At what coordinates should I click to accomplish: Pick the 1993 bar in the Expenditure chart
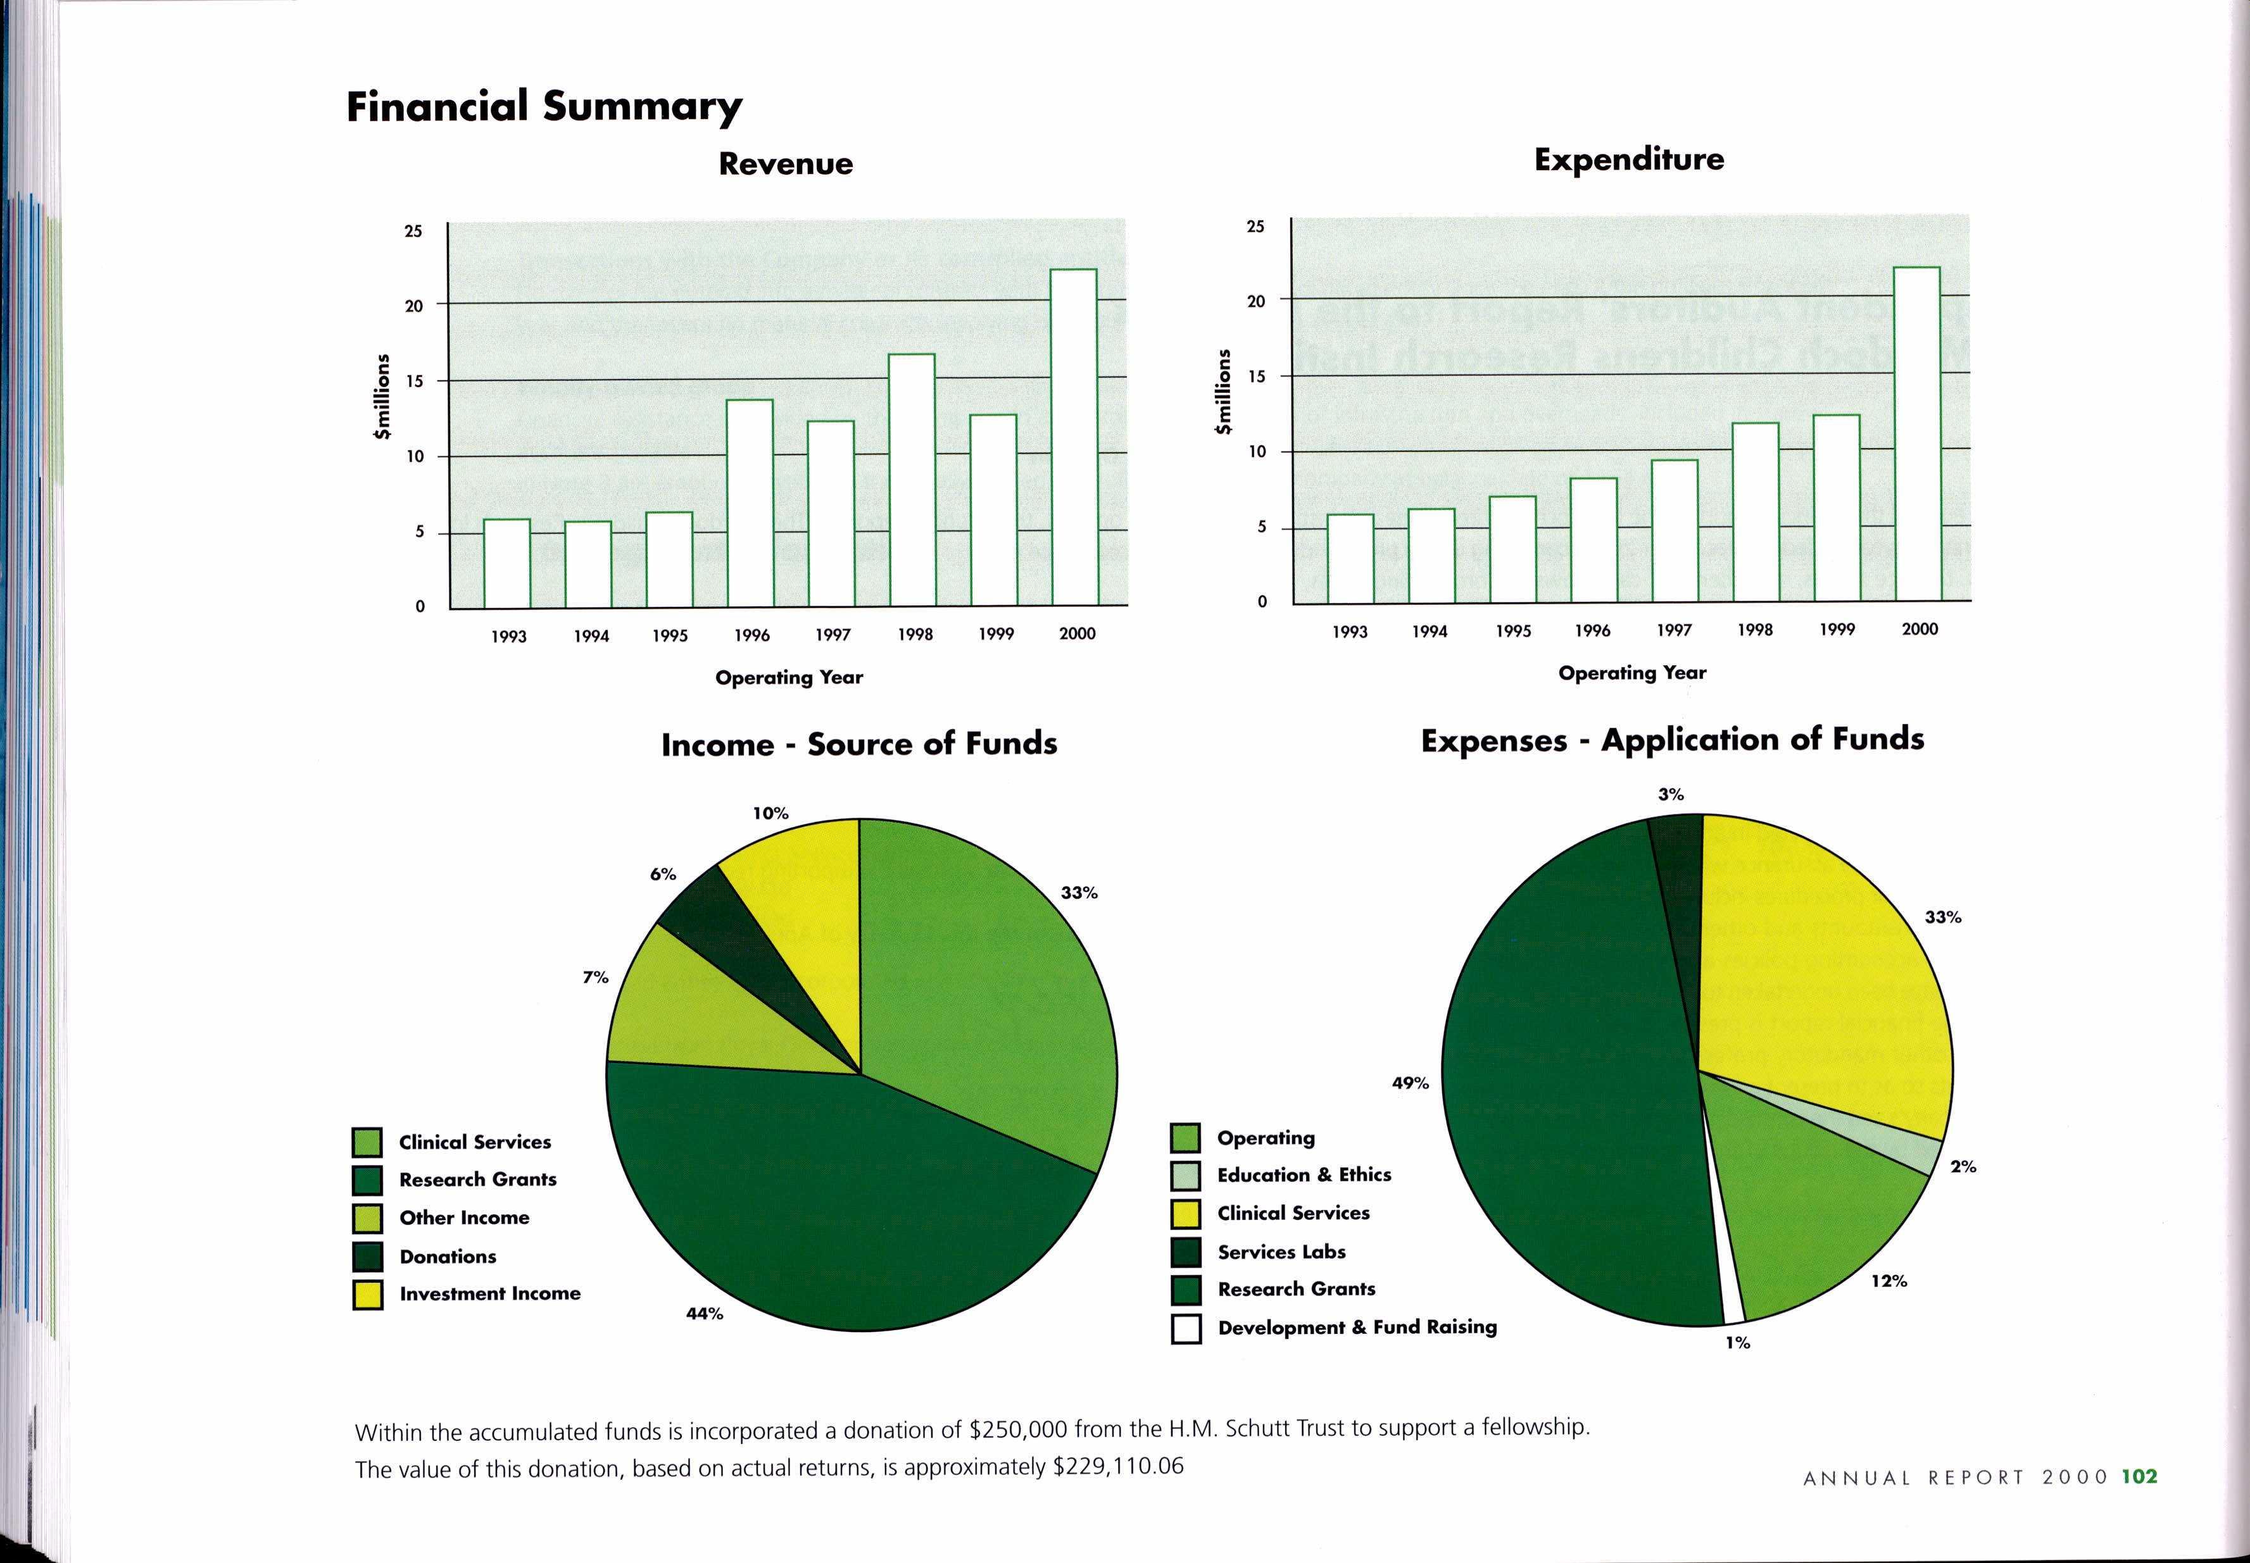tap(1350, 557)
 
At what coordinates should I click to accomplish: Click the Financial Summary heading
tap(544, 106)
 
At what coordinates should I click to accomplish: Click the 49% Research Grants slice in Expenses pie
tap(1568, 1077)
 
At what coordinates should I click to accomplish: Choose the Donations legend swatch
tap(367, 1257)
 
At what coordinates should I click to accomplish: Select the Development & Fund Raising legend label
tap(1357, 1327)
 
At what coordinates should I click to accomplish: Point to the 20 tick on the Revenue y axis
tap(414, 306)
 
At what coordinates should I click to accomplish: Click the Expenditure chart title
tap(1629, 159)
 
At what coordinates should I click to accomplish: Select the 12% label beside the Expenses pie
tap(1889, 1281)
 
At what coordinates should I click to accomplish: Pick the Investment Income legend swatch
tap(367, 1295)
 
